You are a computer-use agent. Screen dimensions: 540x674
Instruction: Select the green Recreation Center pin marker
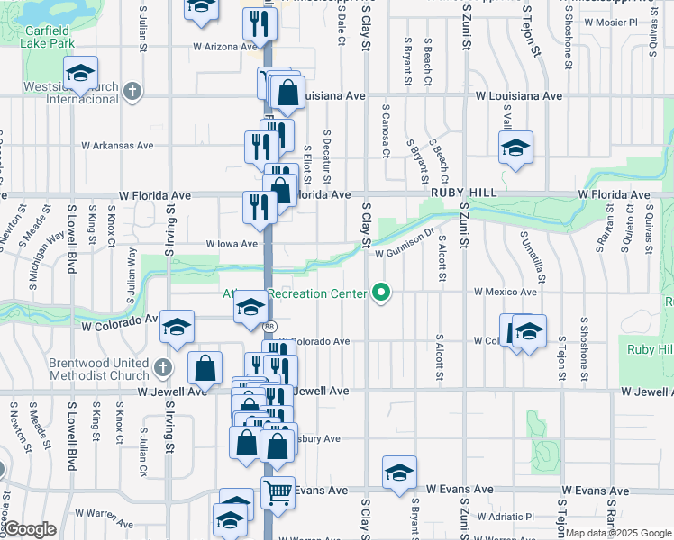coord(381,292)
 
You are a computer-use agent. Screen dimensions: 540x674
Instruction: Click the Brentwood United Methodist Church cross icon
coord(162,367)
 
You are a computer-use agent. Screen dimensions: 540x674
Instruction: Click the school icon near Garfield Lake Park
coord(80,74)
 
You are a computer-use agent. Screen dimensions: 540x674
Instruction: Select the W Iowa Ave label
coord(232,244)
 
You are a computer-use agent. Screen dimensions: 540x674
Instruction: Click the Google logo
coord(30,529)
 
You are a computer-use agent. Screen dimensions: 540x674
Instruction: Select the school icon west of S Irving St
coord(177,326)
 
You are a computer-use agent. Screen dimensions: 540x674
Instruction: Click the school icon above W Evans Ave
coord(399,473)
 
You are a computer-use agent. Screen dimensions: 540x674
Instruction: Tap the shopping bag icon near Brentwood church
coord(205,367)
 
